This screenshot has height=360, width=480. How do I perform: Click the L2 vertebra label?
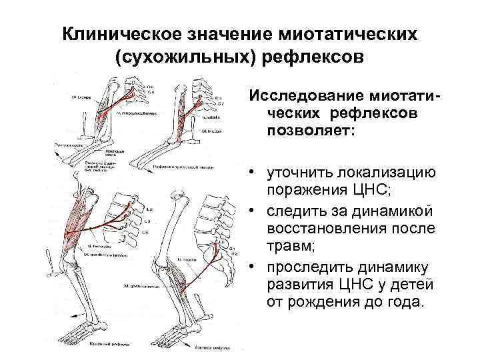[148, 211]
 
